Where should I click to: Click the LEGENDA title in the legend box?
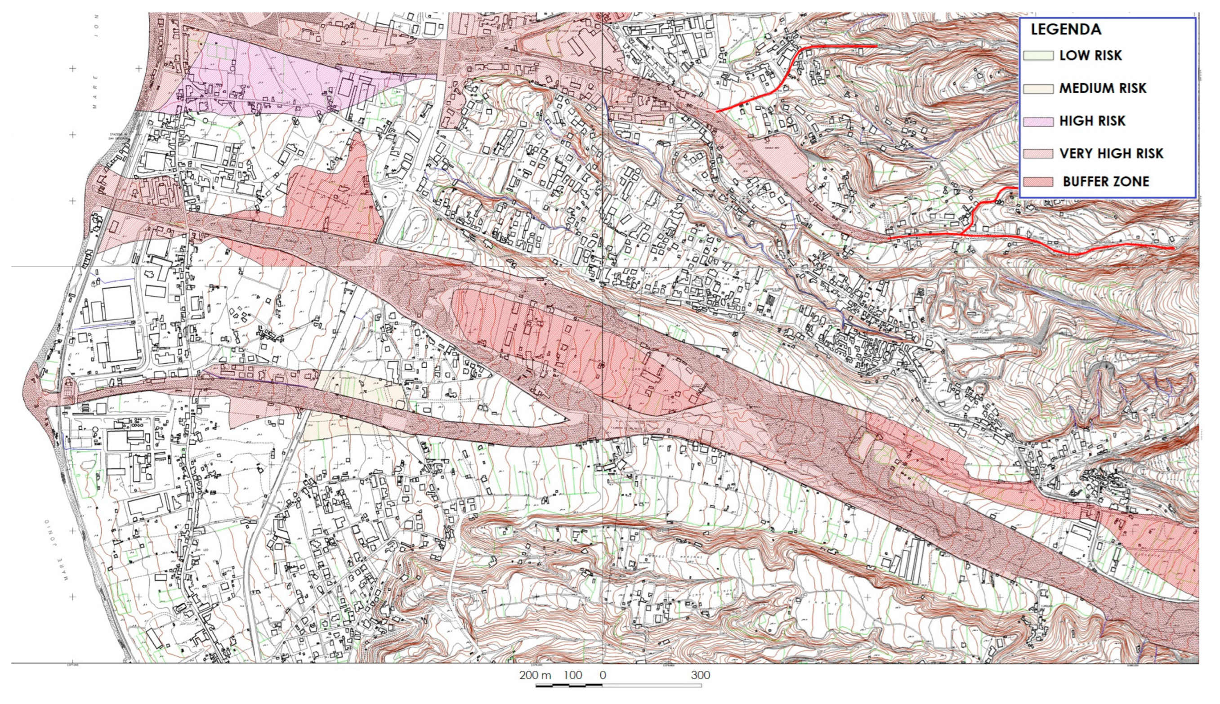tap(1066, 30)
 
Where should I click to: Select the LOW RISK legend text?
tap(1090, 56)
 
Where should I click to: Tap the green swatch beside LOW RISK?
tap(1038, 56)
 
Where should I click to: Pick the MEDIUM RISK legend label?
tap(1103, 89)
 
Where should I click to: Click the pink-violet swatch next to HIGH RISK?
tap(1038, 121)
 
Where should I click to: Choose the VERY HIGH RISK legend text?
tap(1111, 154)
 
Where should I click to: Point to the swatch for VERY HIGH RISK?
tap(1038, 154)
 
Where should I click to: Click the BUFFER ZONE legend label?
tap(1106, 182)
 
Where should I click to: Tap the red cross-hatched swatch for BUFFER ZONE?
tap(1038, 182)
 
